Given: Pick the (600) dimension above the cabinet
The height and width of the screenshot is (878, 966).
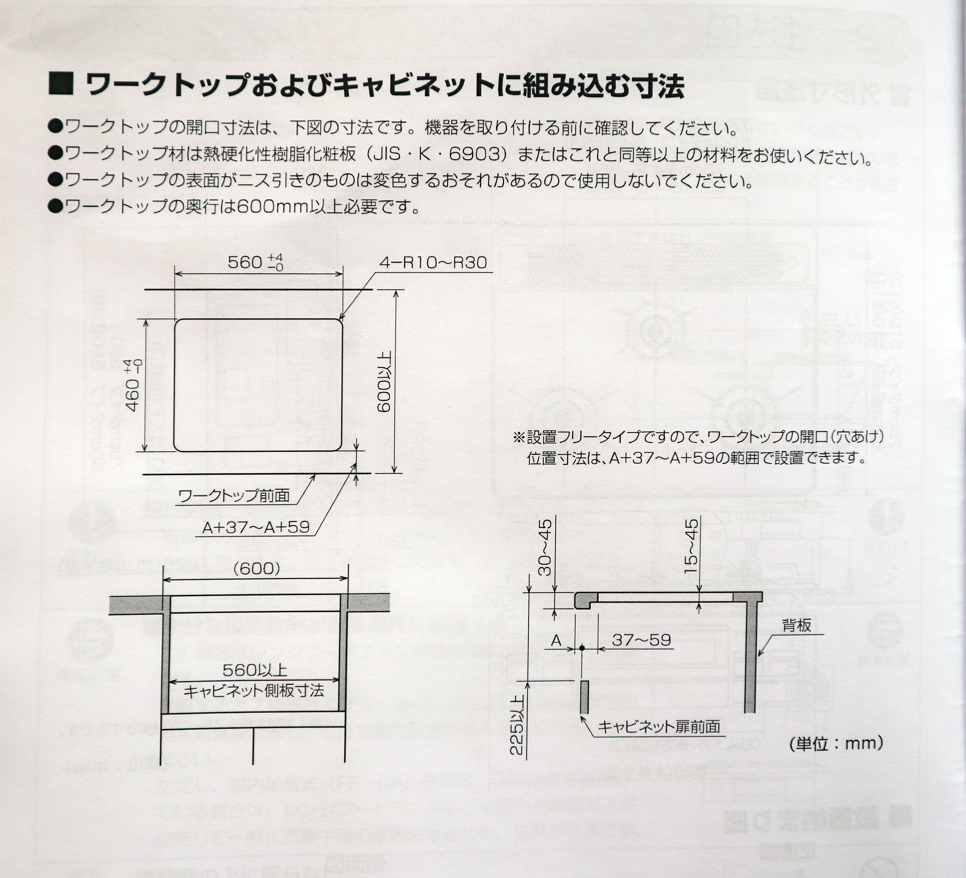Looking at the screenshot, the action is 256,569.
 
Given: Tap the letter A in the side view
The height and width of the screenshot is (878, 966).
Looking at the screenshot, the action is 556,640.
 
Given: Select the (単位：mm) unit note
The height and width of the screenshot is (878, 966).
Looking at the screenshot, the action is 836,743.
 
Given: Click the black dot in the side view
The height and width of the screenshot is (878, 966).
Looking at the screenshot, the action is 582,648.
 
